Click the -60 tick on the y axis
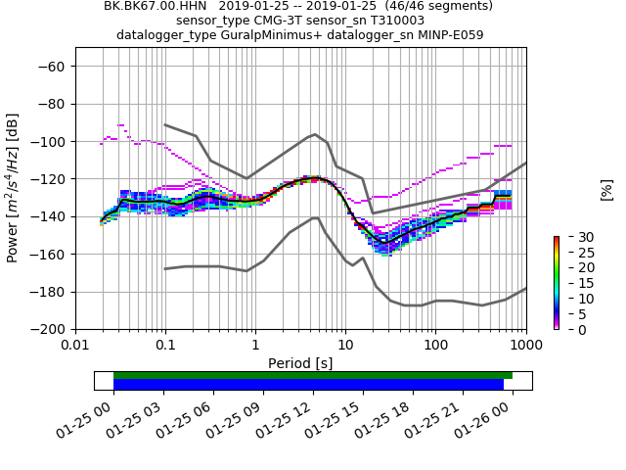(54, 67)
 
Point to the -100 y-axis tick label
(50, 142)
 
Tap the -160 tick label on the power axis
(50, 255)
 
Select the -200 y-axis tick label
(50, 330)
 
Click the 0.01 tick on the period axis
(75, 345)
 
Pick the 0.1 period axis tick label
(165, 345)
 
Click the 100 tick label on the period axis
(435, 345)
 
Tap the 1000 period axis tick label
(525, 345)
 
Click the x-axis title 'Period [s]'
(300, 362)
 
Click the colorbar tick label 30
(574, 237)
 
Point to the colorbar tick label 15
(574, 283)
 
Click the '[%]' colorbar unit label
(606, 190)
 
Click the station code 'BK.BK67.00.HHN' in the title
(150, 6)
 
